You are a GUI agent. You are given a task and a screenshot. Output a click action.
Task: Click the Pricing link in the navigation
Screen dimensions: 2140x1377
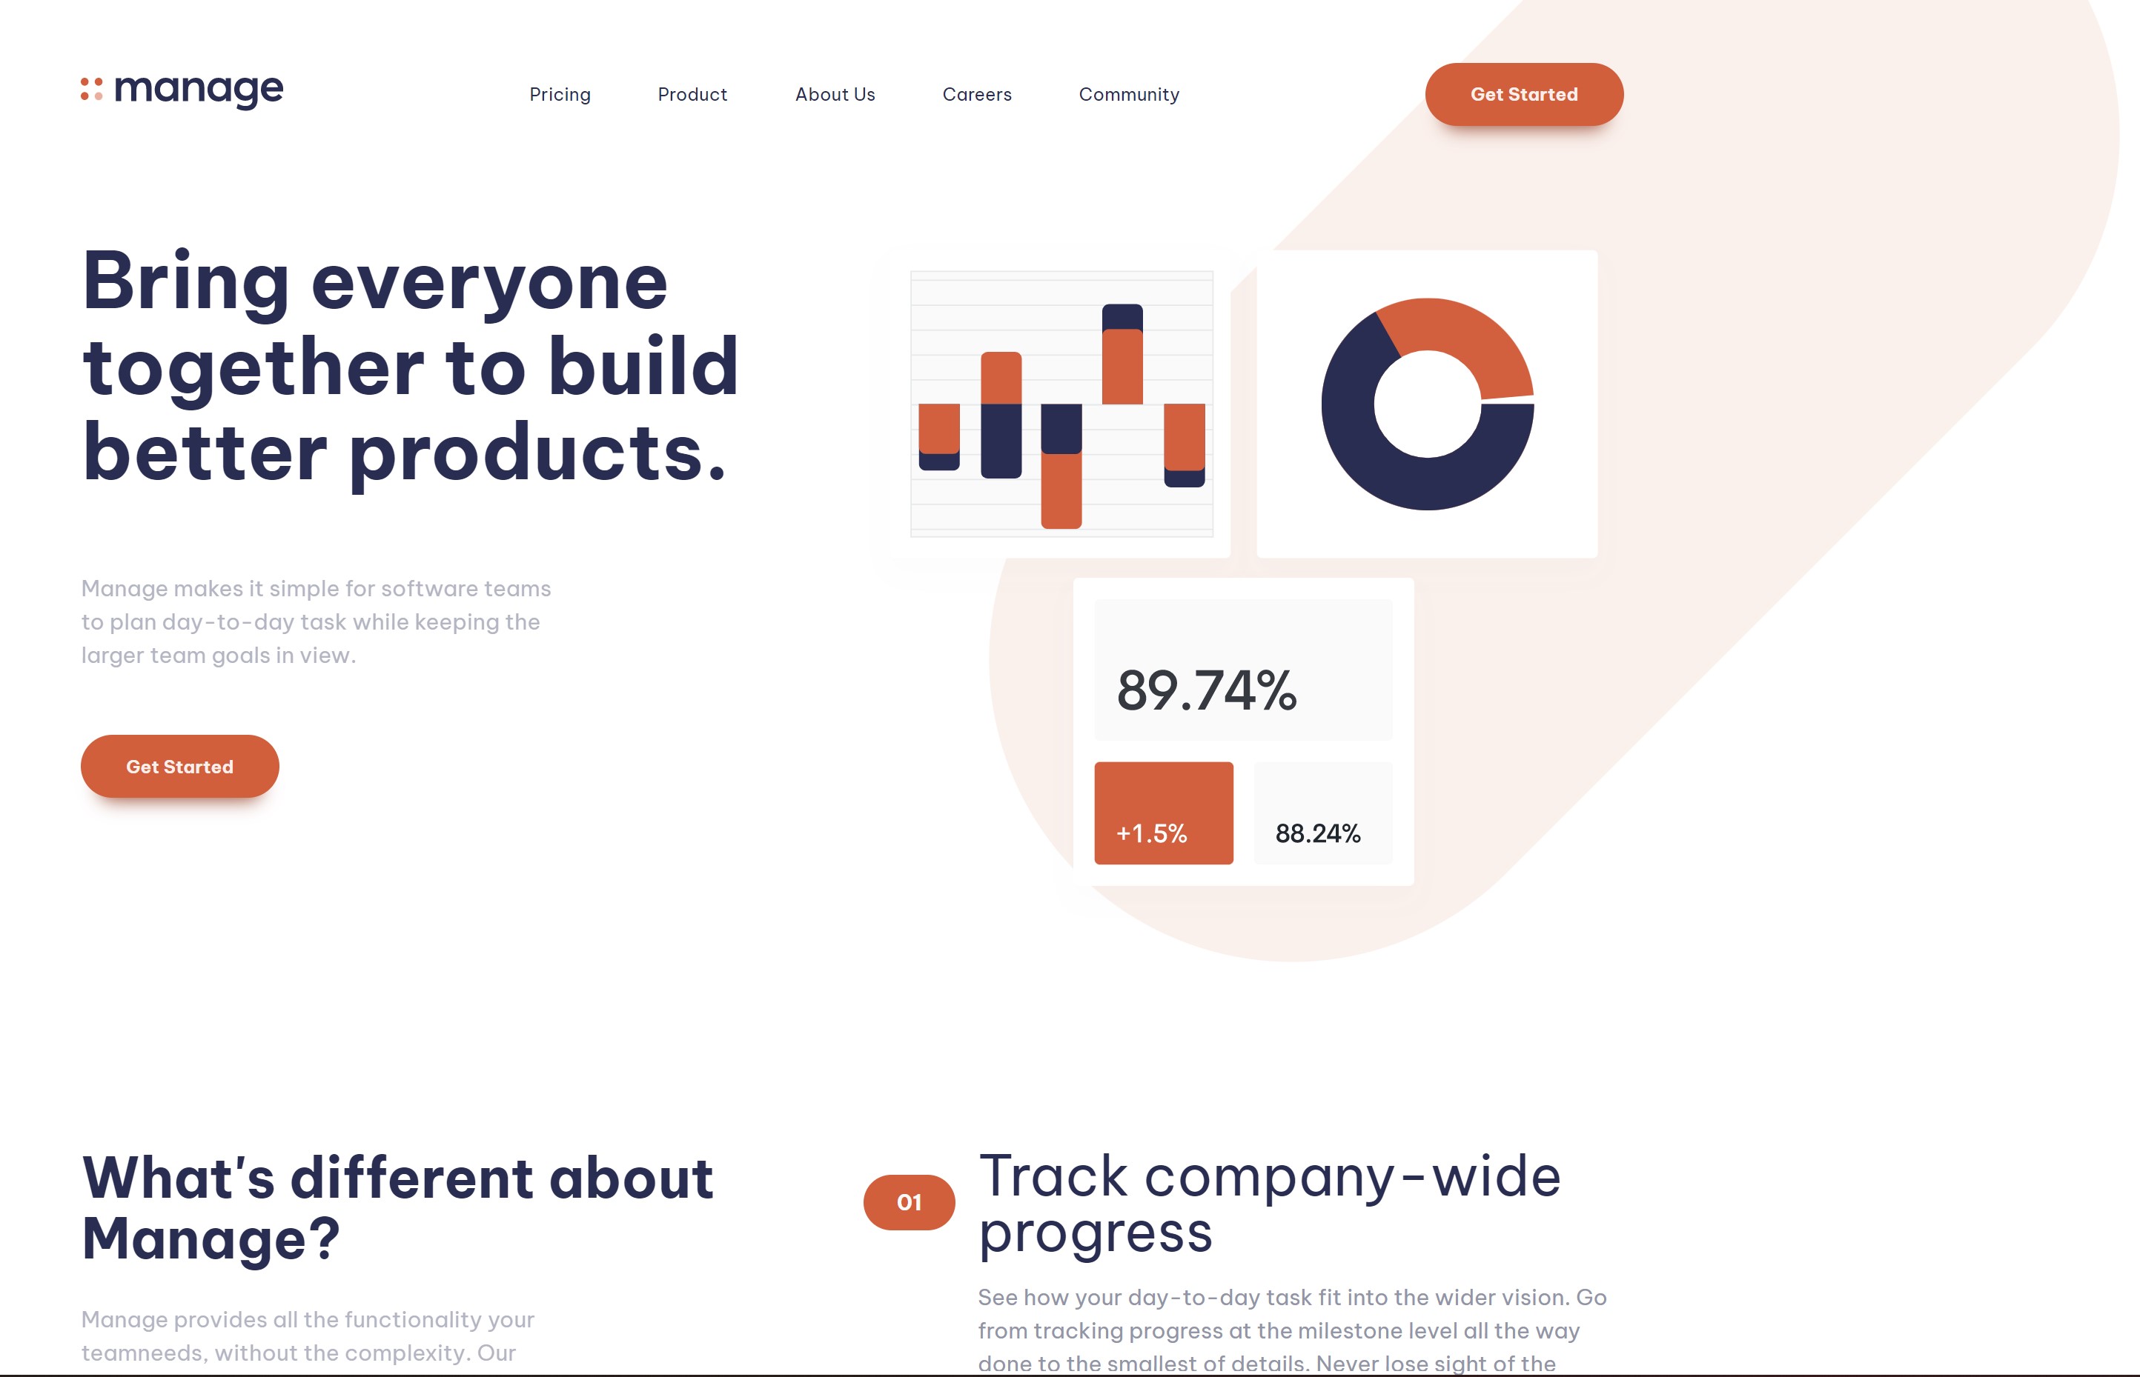[x=560, y=95]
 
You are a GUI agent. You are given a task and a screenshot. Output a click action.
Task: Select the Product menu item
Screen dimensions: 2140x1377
[x=692, y=95]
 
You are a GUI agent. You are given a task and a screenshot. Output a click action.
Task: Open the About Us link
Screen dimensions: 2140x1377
[x=835, y=95]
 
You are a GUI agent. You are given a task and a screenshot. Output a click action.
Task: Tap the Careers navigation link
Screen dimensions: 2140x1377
[x=977, y=95]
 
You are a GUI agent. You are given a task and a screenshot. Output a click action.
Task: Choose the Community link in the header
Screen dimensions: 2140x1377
[x=1129, y=95]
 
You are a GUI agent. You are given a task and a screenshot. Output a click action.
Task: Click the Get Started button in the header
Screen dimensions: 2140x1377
[x=1523, y=94]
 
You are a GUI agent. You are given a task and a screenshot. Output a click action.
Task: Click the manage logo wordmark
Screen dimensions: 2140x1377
[x=199, y=90]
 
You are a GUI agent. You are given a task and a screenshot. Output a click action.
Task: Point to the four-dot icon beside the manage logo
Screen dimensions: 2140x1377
[x=91, y=90]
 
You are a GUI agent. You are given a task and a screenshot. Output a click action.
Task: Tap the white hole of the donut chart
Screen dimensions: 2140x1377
[x=1428, y=404]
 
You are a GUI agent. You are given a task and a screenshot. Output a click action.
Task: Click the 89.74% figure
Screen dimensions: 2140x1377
[x=1207, y=690]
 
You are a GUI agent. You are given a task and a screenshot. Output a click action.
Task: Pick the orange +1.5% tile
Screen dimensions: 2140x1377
[x=1164, y=813]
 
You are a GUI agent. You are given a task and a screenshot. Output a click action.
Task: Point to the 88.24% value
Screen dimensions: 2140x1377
[x=1318, y=833]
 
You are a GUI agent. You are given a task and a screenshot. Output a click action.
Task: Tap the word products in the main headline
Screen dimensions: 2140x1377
[x=537, y=453]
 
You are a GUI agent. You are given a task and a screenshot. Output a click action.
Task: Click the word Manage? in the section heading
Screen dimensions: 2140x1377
[x=211, y=1238]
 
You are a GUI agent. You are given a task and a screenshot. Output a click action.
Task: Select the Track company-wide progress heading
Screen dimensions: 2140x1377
[x=1270, y=1204]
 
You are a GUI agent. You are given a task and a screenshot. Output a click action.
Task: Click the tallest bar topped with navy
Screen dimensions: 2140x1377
[x=1123, y=354]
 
